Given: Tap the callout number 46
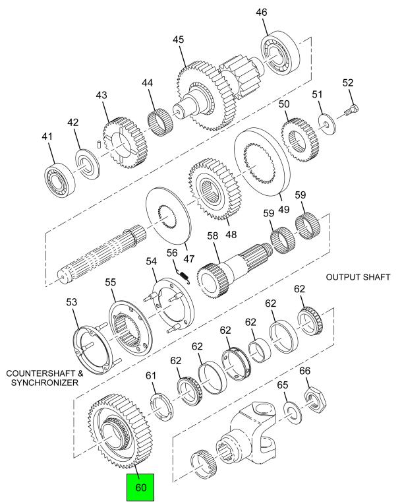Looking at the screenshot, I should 279,13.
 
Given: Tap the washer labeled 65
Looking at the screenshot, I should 290,410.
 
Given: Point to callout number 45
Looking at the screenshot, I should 178,40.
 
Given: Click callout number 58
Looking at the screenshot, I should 212,235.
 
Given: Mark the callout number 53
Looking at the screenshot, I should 71,302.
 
